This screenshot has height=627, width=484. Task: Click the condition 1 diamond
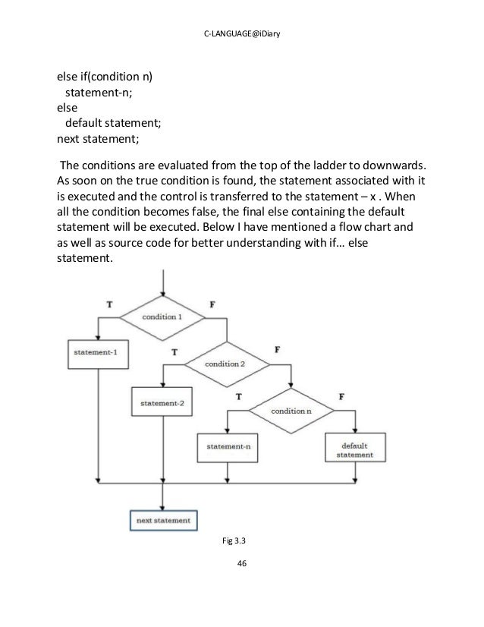(x=164, y=317)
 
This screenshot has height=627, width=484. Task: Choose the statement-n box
(x=228, y=447)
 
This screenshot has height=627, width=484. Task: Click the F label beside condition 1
(x=212, y=303)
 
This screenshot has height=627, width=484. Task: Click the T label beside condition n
(x=239, y=396)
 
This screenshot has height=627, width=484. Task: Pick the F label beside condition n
(x=342, y=396)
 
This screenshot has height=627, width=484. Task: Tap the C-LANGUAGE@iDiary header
(x=241, y=31)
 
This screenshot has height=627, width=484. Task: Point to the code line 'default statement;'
(x=113, y=124)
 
